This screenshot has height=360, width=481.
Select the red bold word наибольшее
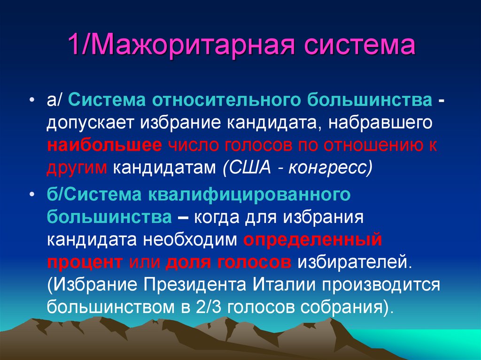(104, 146)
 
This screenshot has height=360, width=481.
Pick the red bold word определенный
(312, 241)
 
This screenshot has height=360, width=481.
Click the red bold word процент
(85, 263)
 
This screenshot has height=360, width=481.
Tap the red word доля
(185, 263)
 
